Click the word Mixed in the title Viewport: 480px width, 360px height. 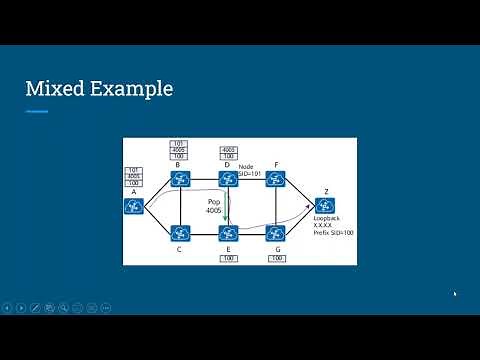click(55, 89)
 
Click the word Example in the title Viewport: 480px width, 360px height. click(131, 90)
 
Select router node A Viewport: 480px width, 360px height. click(134, 205)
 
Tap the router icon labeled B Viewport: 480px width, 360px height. click(180, 179)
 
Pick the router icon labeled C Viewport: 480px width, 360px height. click(180, 233)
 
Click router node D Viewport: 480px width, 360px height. click(228, 179)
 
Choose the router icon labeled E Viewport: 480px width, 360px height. click(228, 233)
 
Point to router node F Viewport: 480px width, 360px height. click(276, 179)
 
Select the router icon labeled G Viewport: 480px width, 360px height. click(276, 233)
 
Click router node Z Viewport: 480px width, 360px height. click(325, 205)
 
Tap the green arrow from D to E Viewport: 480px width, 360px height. click(227, 206)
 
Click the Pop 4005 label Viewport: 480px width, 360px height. click(213, 206)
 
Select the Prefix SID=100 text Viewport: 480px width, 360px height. click(334, 232)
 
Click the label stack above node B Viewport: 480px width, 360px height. click(180, 150)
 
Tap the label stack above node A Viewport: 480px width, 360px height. click(134, 177)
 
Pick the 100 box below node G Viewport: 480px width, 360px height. click(276, 258)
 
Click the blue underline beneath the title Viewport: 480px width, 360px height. click(37, 111)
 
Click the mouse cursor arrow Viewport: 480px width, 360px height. click(455, 294)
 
